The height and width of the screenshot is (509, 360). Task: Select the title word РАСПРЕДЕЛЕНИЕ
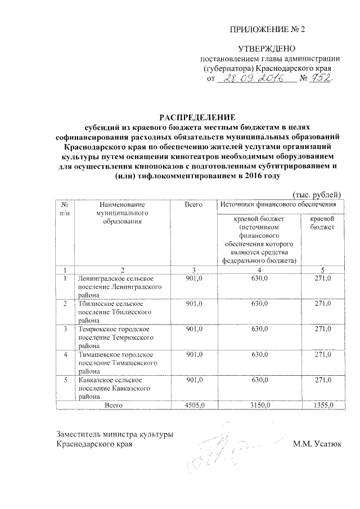point(196,118)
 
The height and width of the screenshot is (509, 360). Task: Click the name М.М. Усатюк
point(317,444)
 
